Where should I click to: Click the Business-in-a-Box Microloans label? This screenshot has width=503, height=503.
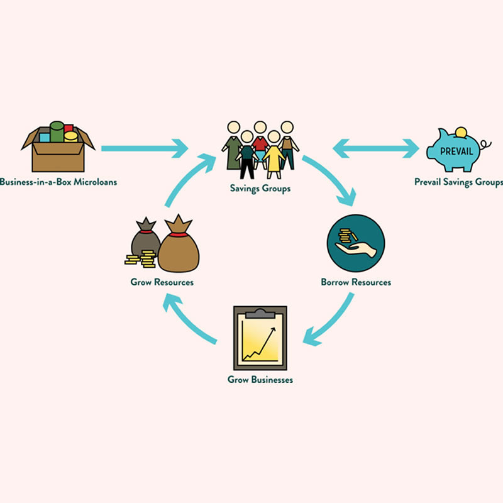(x=58, y=182)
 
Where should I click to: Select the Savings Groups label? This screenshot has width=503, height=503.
(x=260, y=188)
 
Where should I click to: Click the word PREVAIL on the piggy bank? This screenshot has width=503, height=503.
(x=456, y=152)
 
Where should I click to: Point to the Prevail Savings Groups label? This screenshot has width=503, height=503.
(x=458, y=182)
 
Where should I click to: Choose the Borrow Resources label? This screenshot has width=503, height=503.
(x=356, y=282)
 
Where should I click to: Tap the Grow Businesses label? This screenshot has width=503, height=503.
(x=260, y=380)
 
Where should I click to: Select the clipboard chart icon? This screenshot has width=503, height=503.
(x=260, y=338)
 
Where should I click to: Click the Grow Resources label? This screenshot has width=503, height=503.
(x=162, y=282)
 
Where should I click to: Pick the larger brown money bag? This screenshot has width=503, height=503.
(x=179, y=246)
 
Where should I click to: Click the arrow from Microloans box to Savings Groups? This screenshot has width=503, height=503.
(x=145, y=149)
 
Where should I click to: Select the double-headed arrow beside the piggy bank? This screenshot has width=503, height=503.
(x=376, y=149)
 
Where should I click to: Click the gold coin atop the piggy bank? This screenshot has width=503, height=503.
(x=462, y=133)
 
